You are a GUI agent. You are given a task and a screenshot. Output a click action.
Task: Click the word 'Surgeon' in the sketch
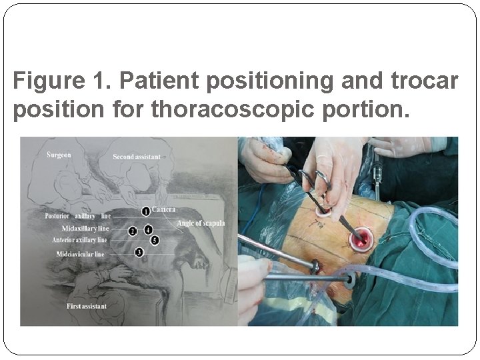58,155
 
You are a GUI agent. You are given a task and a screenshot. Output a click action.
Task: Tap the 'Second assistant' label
137,157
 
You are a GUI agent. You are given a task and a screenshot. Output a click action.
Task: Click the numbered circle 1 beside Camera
146,211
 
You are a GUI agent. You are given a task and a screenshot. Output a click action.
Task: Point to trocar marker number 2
133,231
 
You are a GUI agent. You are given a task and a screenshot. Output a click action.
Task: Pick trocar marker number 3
139,252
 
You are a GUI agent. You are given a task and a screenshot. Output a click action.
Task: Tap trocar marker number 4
148,230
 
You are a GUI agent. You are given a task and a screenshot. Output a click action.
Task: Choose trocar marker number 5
154,239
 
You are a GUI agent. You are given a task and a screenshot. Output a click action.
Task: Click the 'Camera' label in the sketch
164,210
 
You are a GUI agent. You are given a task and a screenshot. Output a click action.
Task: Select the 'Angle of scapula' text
201,223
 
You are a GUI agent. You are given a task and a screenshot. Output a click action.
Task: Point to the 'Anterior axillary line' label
79,239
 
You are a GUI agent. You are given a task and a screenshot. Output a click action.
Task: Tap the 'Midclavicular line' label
79,254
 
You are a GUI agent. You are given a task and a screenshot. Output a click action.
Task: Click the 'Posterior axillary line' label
77,216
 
